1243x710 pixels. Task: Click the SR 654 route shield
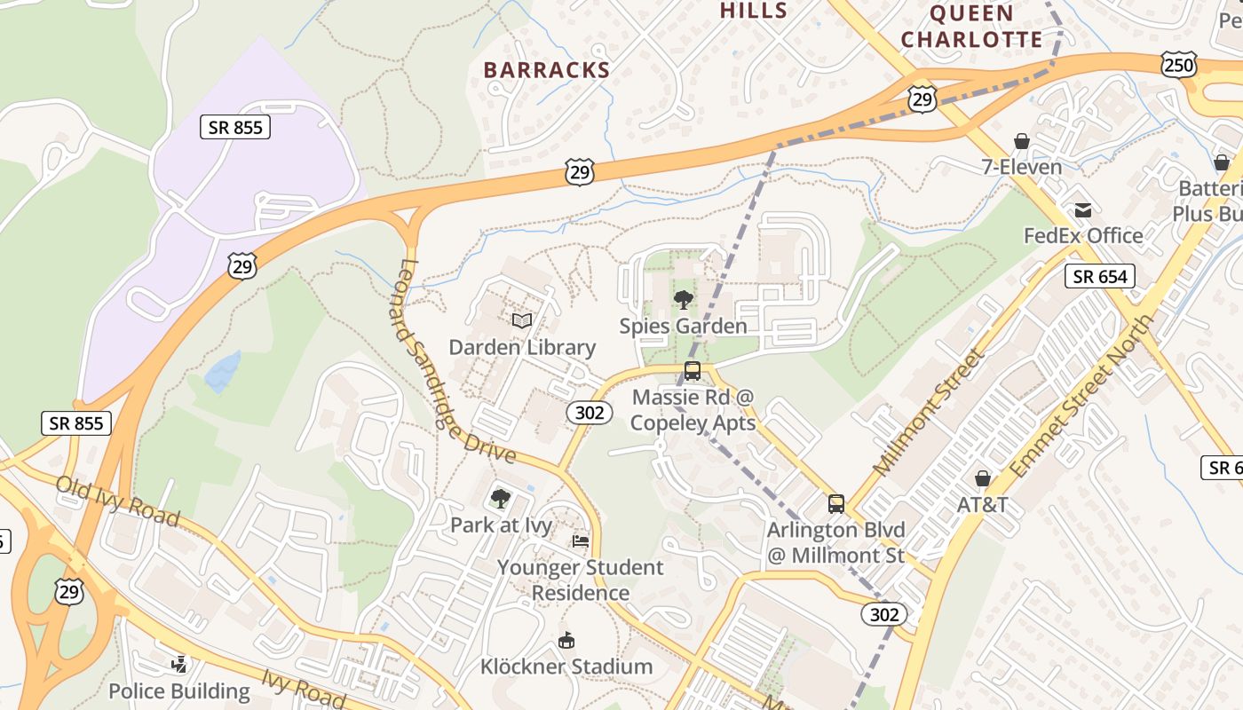(x=1100, y=276)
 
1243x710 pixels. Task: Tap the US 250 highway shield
(x=1179, y=64)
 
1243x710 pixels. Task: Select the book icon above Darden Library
(x=522, y=320)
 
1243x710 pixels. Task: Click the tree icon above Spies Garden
(x=683, y=299)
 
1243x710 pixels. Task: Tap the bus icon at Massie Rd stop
(x=693, y=371)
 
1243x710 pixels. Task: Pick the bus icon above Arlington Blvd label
(x=835, y=504)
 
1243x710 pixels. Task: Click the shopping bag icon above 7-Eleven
(x=1022, y=141)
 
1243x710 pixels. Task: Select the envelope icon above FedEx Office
(x=1083, y=210)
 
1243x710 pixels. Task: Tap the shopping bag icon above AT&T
(x=982, y=478)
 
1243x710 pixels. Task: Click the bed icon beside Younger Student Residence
(x=581, y=540)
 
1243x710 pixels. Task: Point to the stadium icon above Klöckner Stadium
(x=566, y=640)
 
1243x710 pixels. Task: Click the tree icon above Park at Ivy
(x=501, y=499)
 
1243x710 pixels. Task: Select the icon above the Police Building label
(x=179, y=664)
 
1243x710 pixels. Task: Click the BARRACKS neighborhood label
(x=547, y=69)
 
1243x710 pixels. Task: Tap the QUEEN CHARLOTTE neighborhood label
(x=972, y=27)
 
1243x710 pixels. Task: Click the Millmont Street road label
(x=929, y=411)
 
